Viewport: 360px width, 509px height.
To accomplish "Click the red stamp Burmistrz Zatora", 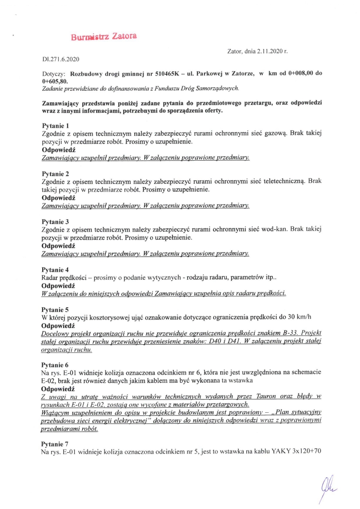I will pos(104,37).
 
